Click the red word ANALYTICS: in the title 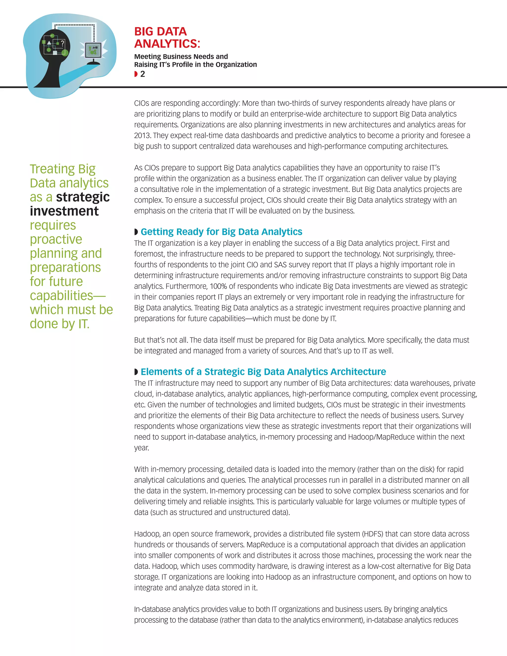[x=167, y=44]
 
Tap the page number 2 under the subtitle [x=143, y=74]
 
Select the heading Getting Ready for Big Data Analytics [x=221, y=232]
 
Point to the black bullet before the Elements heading [x=136, y=372]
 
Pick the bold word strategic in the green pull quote [x=83, y=197]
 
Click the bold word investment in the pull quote [x=64, y=211]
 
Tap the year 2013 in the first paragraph [x=142, y=135]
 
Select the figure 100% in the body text [x=219, y=286]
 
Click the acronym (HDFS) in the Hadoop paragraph [x=372, y=534]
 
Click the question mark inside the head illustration [x=62, y=43]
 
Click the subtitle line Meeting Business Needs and [x=181, y=56]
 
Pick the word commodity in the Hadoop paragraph [x=237, y=566]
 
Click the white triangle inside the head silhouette [x=49, y=43]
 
